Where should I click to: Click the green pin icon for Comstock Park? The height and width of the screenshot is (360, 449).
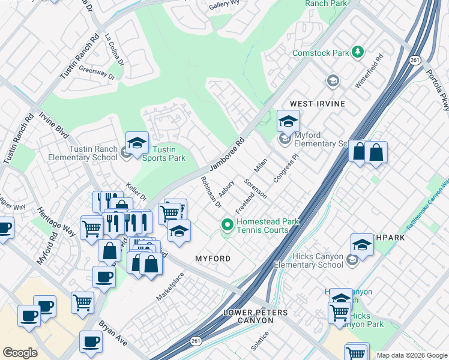click(x=358, y=53)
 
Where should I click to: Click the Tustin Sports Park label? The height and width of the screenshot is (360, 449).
click(x=164, y=154)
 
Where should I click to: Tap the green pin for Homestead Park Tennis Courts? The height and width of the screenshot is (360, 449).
click(x=228, y=226)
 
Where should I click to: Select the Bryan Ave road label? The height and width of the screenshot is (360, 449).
click(x=113, y=332)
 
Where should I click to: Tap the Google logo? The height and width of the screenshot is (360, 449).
click(x=20, y=353)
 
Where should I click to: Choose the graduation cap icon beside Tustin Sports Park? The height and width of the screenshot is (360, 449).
click(x=137, y=143)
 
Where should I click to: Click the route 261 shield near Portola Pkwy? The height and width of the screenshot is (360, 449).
click(x=415, y=61)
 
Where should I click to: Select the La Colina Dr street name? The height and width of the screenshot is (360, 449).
click(x=114, y=49)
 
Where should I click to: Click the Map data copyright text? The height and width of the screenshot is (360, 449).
click(x=411, y=355)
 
